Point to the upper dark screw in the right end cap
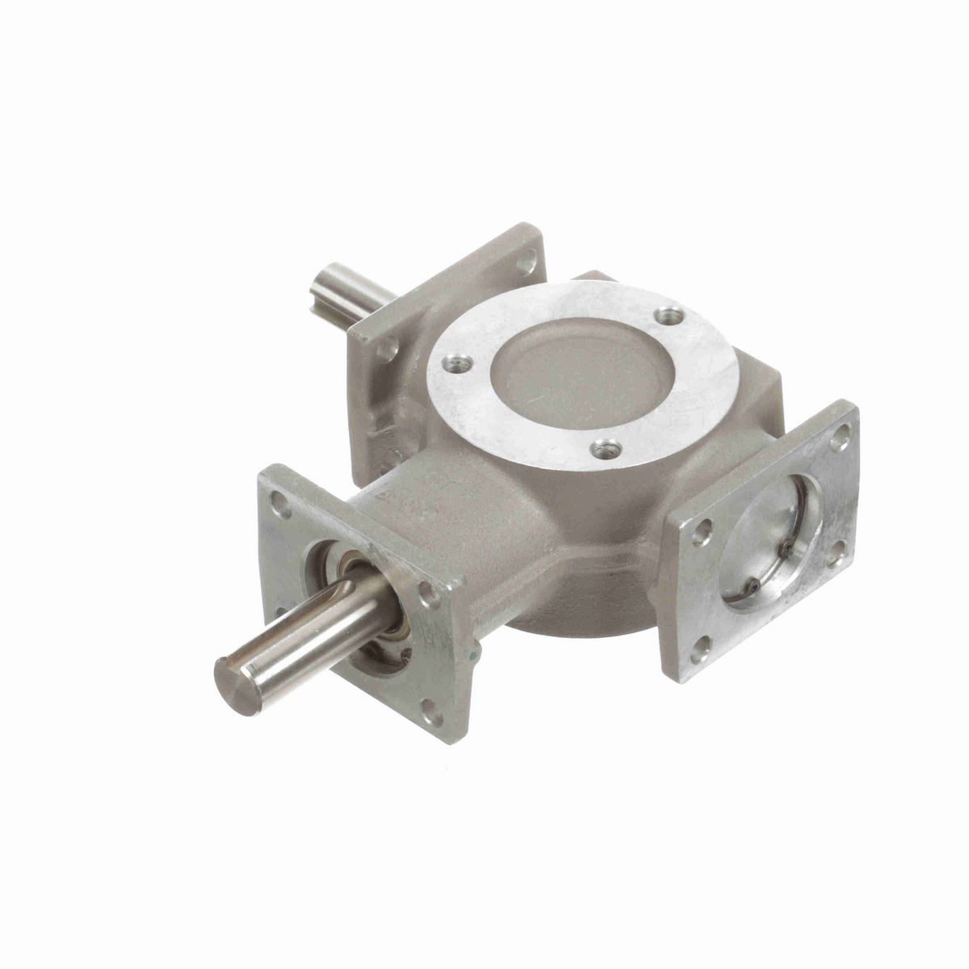(x=786, y=548)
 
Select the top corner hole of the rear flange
(x=527, y=262)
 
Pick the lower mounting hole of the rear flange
(x=388, y=349)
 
